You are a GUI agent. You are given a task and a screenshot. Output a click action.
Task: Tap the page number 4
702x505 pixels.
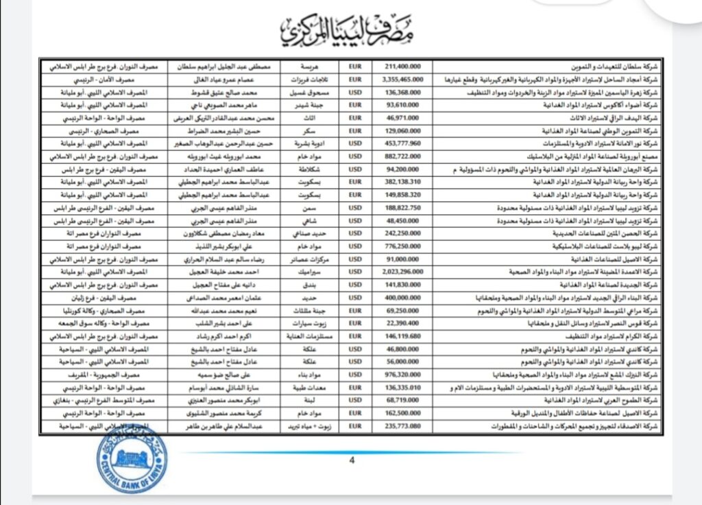click(x=352, y=460)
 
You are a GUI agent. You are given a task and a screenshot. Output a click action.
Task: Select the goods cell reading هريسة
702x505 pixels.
click(x=311, y=68)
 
